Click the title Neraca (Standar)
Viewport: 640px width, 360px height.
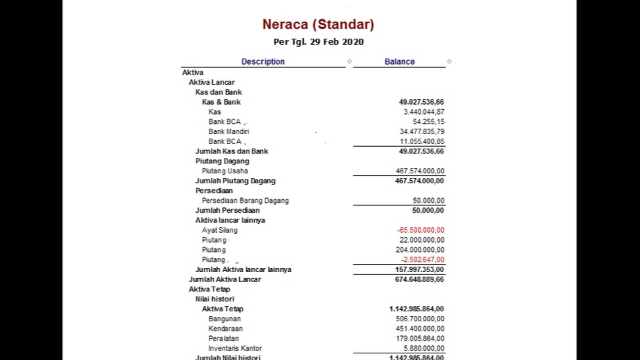tap(318, 25)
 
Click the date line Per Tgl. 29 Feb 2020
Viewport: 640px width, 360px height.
tap(319, 42)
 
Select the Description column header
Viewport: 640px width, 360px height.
tap(263, 61)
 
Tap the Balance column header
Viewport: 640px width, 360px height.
tap(399, 61)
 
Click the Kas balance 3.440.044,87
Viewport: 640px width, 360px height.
tap(423, 112)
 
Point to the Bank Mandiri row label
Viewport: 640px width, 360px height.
tap(229, 132)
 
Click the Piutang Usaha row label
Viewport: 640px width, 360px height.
tap(225, 171)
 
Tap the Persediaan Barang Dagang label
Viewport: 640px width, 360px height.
tap(245, 201)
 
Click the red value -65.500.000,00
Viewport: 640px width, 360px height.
tap(420, 230)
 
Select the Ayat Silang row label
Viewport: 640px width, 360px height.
tap(219, 230)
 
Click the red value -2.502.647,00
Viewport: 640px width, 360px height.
tap(422, 260)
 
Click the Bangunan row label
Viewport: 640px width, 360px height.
tap(224, 319)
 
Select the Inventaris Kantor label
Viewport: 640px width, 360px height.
tap(235, 349)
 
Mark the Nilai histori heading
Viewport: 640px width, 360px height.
tap(215, 299)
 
